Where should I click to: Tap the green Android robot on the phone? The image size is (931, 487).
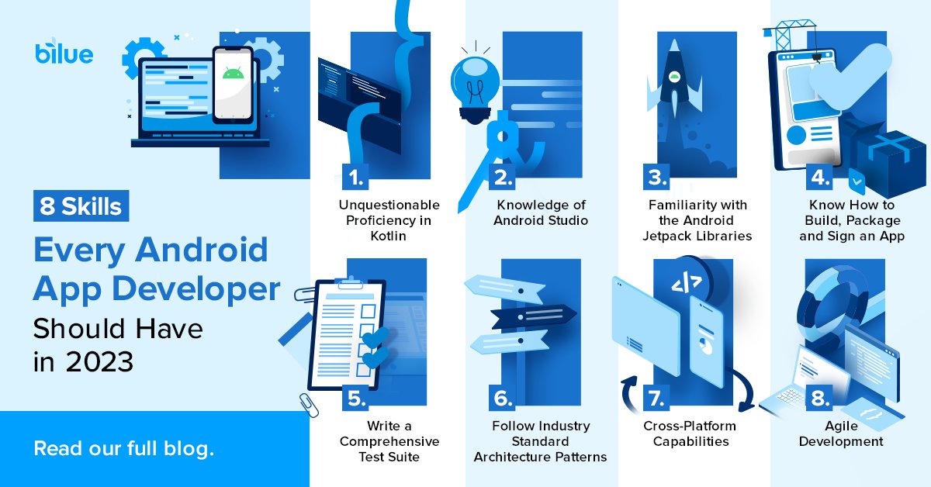pyautogui.click(x=232, y=74)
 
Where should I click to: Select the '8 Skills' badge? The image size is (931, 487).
pyautogui.click(x=81, y=207)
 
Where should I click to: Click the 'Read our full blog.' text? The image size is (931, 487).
pyautogui.click(x=123, y=448)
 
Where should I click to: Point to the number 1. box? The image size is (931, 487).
pyautogui.click(x=355, y=178)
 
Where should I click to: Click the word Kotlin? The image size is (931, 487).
pyautogui.click(x=389, y=236)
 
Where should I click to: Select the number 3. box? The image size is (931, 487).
pyautogui.click(x=656, y=178)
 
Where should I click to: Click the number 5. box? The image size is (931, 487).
pyautogui.click(x=355, y=399)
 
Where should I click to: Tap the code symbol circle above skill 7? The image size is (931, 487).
pyautogui.click(x=687, y=283)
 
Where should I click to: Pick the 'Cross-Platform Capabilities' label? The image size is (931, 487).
pyautogui.click(x=690, y=433)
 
